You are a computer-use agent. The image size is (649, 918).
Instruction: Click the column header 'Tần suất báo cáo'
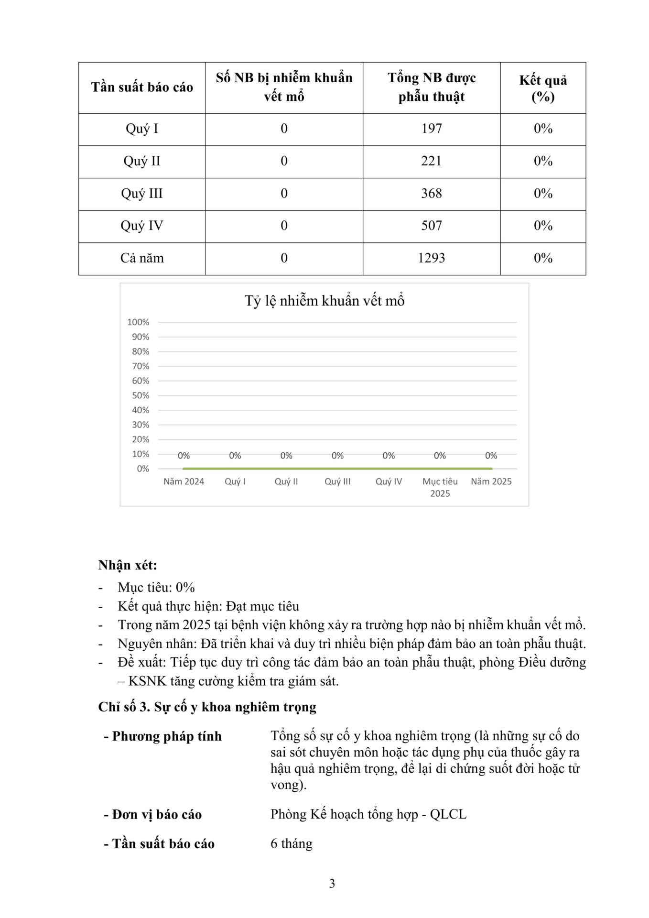[x=142, y=87]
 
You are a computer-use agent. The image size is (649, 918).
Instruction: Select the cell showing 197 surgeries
[x=431, y=129]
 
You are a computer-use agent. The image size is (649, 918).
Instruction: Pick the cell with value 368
[x=431, y=194]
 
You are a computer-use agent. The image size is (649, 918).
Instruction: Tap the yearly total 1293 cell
[x=431, y=258]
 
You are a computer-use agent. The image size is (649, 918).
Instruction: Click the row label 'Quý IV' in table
[x=142, y=226]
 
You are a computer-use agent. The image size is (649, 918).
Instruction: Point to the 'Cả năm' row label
[x=142, y=258]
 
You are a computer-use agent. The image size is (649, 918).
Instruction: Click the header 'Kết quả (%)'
[x=543, y=88]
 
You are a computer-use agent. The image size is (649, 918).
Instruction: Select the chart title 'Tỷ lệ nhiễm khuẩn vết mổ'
[x=324, y=301]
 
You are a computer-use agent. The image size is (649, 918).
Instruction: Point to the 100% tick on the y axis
[x=138, y=322]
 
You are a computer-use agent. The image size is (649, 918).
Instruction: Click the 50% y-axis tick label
[x=141, y=395]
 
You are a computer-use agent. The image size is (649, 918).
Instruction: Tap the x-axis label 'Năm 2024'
[x=184, y=481]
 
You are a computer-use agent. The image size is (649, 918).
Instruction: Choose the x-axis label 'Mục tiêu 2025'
[x=440, y=487]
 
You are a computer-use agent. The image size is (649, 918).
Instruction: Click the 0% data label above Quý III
[x=337, y=456]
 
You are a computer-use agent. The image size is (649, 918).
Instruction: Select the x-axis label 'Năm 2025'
[x=491, y=481]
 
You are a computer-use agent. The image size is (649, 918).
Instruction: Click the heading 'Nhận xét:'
[x=128, y=565]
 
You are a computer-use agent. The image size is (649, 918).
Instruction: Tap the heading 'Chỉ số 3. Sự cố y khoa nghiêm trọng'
[x=207, y=707]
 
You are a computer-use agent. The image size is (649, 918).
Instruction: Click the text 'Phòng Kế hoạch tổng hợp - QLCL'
[x=368, y=814]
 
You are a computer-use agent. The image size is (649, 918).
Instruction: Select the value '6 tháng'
[x=292, y=843]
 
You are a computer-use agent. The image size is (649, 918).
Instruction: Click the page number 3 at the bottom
[x=332, y=884]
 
